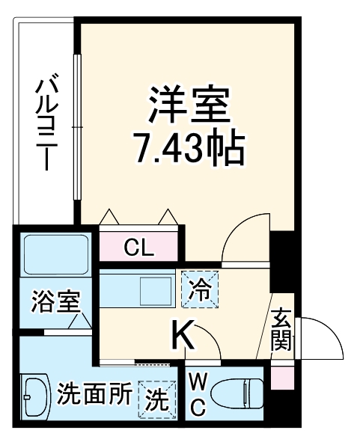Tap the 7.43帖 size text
(189, 149)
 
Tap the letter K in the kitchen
(185, 336)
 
